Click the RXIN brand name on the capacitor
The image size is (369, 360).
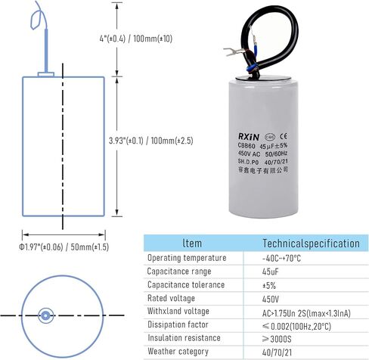tap(249, 137)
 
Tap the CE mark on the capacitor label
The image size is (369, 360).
tap(284, 136)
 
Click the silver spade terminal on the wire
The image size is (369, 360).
tap(234, 51)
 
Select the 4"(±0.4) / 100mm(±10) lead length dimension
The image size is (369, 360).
tap(136, 39)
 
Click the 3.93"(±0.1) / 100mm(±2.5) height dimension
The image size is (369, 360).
tap(151, 141)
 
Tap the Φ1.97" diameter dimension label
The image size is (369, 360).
tap(64, 247)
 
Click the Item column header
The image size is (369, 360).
tap(192, 244)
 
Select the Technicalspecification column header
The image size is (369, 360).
tap(312, 244)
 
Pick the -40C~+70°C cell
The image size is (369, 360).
tap(281, 259)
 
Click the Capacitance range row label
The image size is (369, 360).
tap(179, 272)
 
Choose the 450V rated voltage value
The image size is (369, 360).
tap(271, 299)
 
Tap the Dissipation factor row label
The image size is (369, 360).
tap(178, 324)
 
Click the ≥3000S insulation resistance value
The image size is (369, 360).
tap(277, 339)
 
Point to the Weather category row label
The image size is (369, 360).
tap(178, 352)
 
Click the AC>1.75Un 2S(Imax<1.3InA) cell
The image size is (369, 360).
tap(306, 313)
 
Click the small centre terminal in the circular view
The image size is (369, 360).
tap(45, 315)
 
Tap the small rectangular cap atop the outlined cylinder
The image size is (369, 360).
tap(46, 74)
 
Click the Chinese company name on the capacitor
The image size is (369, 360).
tap(263, 170)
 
